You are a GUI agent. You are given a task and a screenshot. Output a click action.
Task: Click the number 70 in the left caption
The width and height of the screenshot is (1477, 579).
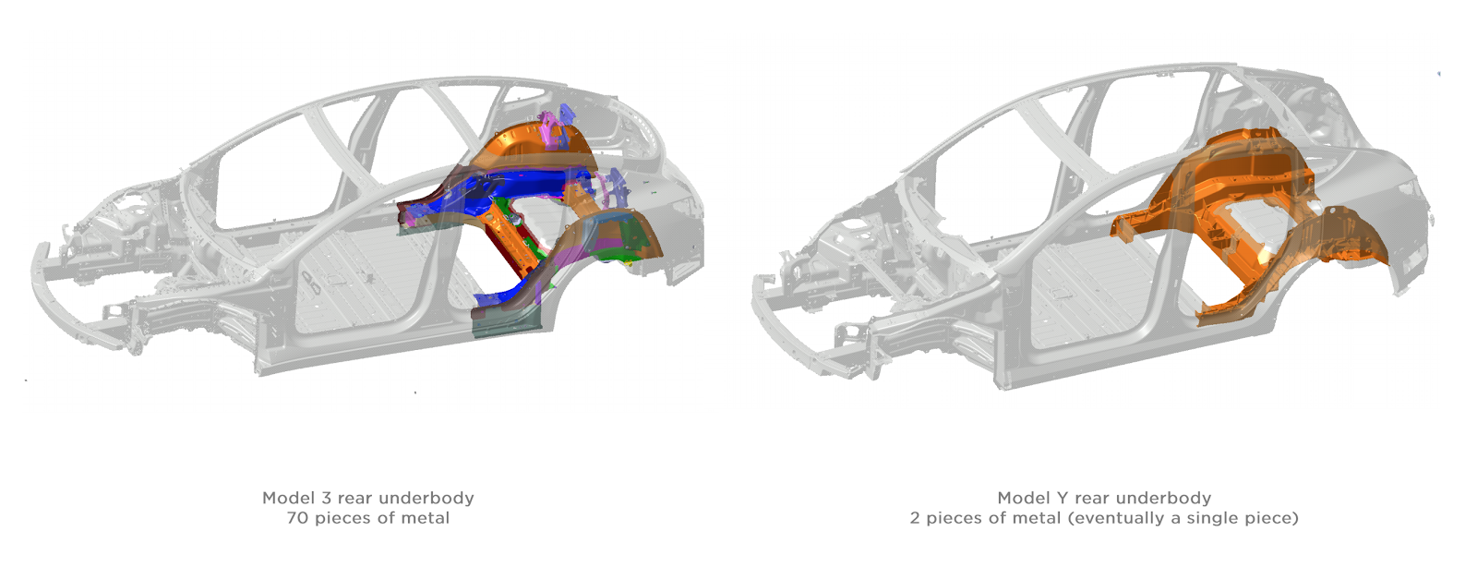tap(298, 518)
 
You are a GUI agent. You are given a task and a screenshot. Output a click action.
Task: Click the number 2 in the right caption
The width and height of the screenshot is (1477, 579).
tap(915, 518)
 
